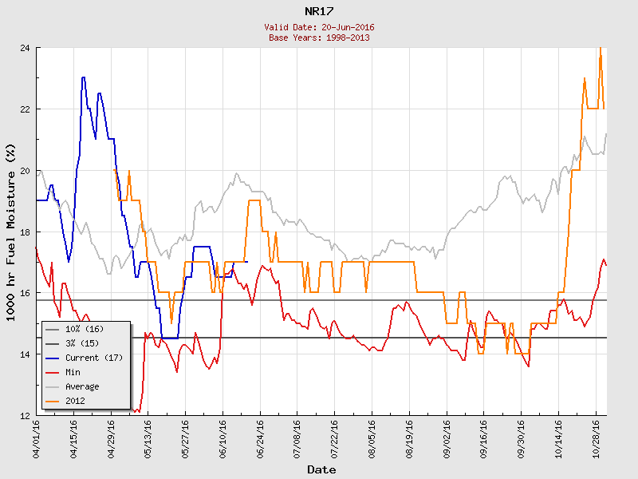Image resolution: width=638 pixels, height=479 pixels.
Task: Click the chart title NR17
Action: click(x=319, y=11)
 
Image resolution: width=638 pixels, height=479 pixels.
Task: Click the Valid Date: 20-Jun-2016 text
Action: click(x=319, y=27)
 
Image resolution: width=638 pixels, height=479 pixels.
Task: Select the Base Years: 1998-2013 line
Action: click(x=319, y=37)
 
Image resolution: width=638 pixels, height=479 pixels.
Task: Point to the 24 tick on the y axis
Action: click(x=26, y=48)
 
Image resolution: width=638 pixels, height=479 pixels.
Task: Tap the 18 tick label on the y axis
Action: click(x=26, y=232)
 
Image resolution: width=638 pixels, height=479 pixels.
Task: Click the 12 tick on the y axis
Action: click(x=26, y=415)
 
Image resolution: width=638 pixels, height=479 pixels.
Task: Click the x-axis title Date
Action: click(x=321, y=469)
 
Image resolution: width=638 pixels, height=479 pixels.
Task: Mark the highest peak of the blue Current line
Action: click(x=83, y=77)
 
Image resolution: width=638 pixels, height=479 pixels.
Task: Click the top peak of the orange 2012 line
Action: click(x=600, y=49)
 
